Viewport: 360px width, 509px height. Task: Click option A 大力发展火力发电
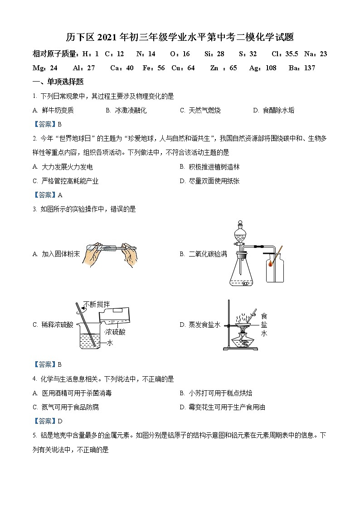tap(63, 167)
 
